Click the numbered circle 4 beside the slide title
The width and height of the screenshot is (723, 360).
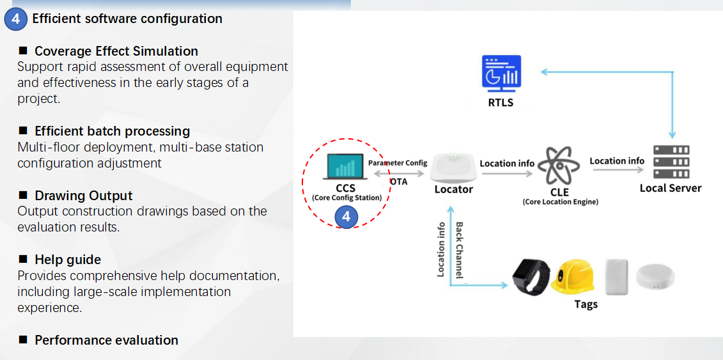[15, 19]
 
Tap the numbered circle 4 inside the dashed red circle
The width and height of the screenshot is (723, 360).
[346, 217]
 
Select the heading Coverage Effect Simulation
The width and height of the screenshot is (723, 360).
[116, 51]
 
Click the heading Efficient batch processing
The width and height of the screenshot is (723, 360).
[112, 131]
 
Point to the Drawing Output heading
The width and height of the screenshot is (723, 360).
[83, 196]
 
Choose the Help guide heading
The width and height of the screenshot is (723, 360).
[68, 260]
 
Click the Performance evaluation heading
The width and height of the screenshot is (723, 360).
[106, 340]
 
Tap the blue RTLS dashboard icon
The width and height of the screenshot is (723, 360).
[501, 72]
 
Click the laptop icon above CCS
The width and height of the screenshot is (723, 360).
[345, 166]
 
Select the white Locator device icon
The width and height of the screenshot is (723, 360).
[453, 168]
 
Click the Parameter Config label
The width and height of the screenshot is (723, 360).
[398, 162]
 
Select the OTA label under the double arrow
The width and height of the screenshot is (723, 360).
[398, 182]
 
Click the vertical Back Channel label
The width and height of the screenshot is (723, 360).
[459, 250]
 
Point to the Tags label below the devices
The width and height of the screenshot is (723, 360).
[586, 304]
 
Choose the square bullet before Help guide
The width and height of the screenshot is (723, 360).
[23, 259]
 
